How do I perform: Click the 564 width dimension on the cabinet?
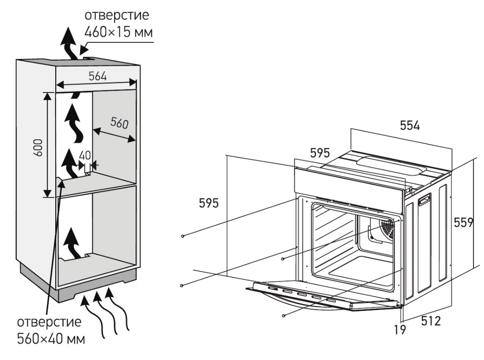[x=98, y=76]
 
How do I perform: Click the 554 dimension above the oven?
[x=410, y=126]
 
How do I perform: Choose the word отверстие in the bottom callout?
[x=49, y=322]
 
